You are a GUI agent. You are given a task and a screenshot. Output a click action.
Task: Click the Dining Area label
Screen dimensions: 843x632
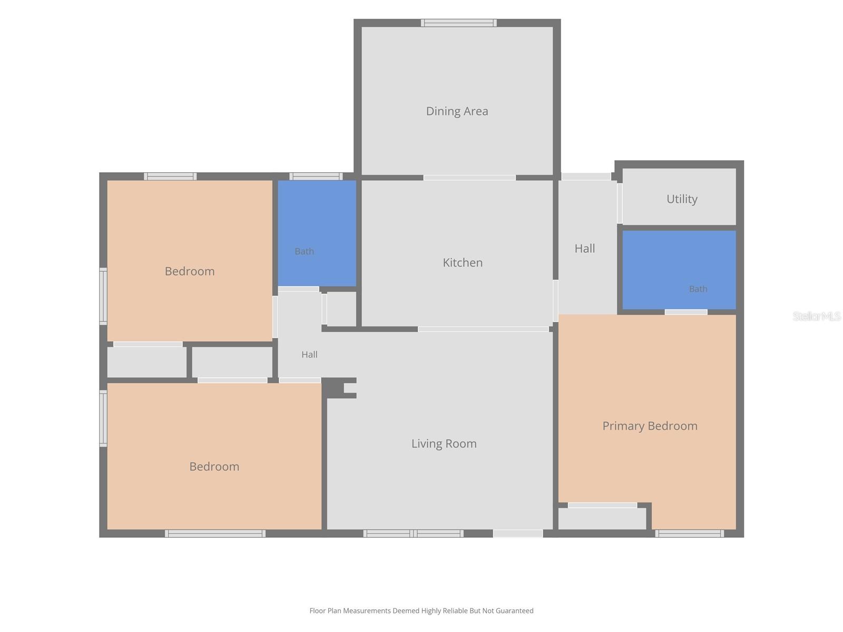click(457, 111)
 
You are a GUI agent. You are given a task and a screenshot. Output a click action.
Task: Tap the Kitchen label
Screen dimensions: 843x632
click(463, 262)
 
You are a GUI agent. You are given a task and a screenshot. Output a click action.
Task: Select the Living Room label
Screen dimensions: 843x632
click(444, 443)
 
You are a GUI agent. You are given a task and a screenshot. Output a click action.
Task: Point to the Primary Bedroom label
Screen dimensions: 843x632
click(650, 426)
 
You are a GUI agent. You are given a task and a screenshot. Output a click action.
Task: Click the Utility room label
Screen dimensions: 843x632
click(682, 199)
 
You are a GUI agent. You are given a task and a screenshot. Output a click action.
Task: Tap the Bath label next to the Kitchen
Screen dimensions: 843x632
click(304, 251)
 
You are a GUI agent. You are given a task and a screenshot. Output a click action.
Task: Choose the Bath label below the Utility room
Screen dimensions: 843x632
click(698, 289)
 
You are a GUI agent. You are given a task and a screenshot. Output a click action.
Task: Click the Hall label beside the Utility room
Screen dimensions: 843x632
click(584, 249)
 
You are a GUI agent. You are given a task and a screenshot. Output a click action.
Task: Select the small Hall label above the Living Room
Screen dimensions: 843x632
click(309, 354)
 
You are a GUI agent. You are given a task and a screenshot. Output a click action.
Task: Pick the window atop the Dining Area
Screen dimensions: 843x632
click(458, 23)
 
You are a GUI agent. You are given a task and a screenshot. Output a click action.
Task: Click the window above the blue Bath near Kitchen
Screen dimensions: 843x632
click(316, 176)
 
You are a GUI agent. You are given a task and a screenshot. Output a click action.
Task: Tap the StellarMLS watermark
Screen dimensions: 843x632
click(817, 316)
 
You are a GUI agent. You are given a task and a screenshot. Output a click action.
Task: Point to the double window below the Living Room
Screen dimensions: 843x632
click(413, 534)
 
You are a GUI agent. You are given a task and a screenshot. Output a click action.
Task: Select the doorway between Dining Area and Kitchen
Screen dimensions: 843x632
click(469, 177)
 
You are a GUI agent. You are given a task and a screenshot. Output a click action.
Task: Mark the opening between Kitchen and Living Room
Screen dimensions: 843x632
click(483, 329)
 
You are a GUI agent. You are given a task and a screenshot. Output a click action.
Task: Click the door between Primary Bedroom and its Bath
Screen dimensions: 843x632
click(685, 312)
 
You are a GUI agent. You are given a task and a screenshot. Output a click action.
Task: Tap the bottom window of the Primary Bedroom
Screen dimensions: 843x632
click(689, 534)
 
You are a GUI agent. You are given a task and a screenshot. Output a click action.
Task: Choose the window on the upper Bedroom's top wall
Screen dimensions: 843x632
click(170, 176)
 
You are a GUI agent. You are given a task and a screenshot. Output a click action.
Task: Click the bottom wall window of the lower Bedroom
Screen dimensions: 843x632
click(215, 534)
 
